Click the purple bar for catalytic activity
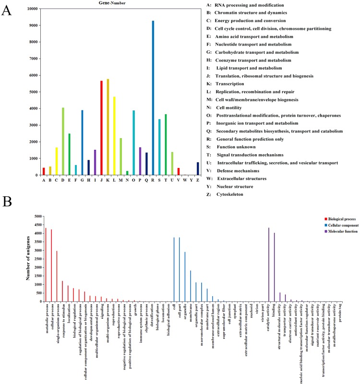[x=269, y=265]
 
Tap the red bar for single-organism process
[x=57, y=269]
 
